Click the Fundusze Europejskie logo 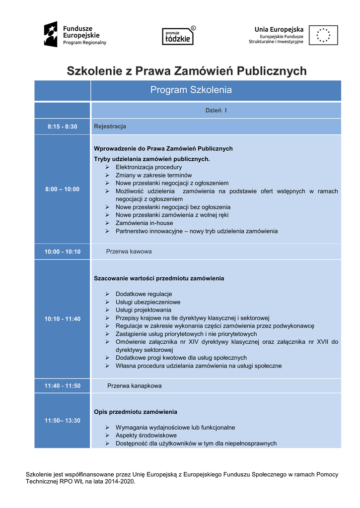coord(75,35)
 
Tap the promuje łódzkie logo coord(178,36)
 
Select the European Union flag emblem coord(323,35)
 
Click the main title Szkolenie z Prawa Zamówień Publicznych coord(187,71)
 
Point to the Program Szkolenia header coord(191,90)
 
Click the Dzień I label coord(216,110)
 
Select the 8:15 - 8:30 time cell coord(63,127)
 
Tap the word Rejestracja coord(110,127)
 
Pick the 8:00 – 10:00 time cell coord(63,189)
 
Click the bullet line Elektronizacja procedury coord(148,167)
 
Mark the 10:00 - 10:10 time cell coord(63,252)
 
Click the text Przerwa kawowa coord(129,252)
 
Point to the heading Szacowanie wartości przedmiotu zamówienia coord(159,278)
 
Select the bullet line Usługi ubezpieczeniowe coord(148,302)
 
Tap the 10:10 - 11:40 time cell coord(63,318)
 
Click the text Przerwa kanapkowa coord(135,385)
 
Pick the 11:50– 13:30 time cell coord(63,420)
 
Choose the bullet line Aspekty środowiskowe coord(146,436)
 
